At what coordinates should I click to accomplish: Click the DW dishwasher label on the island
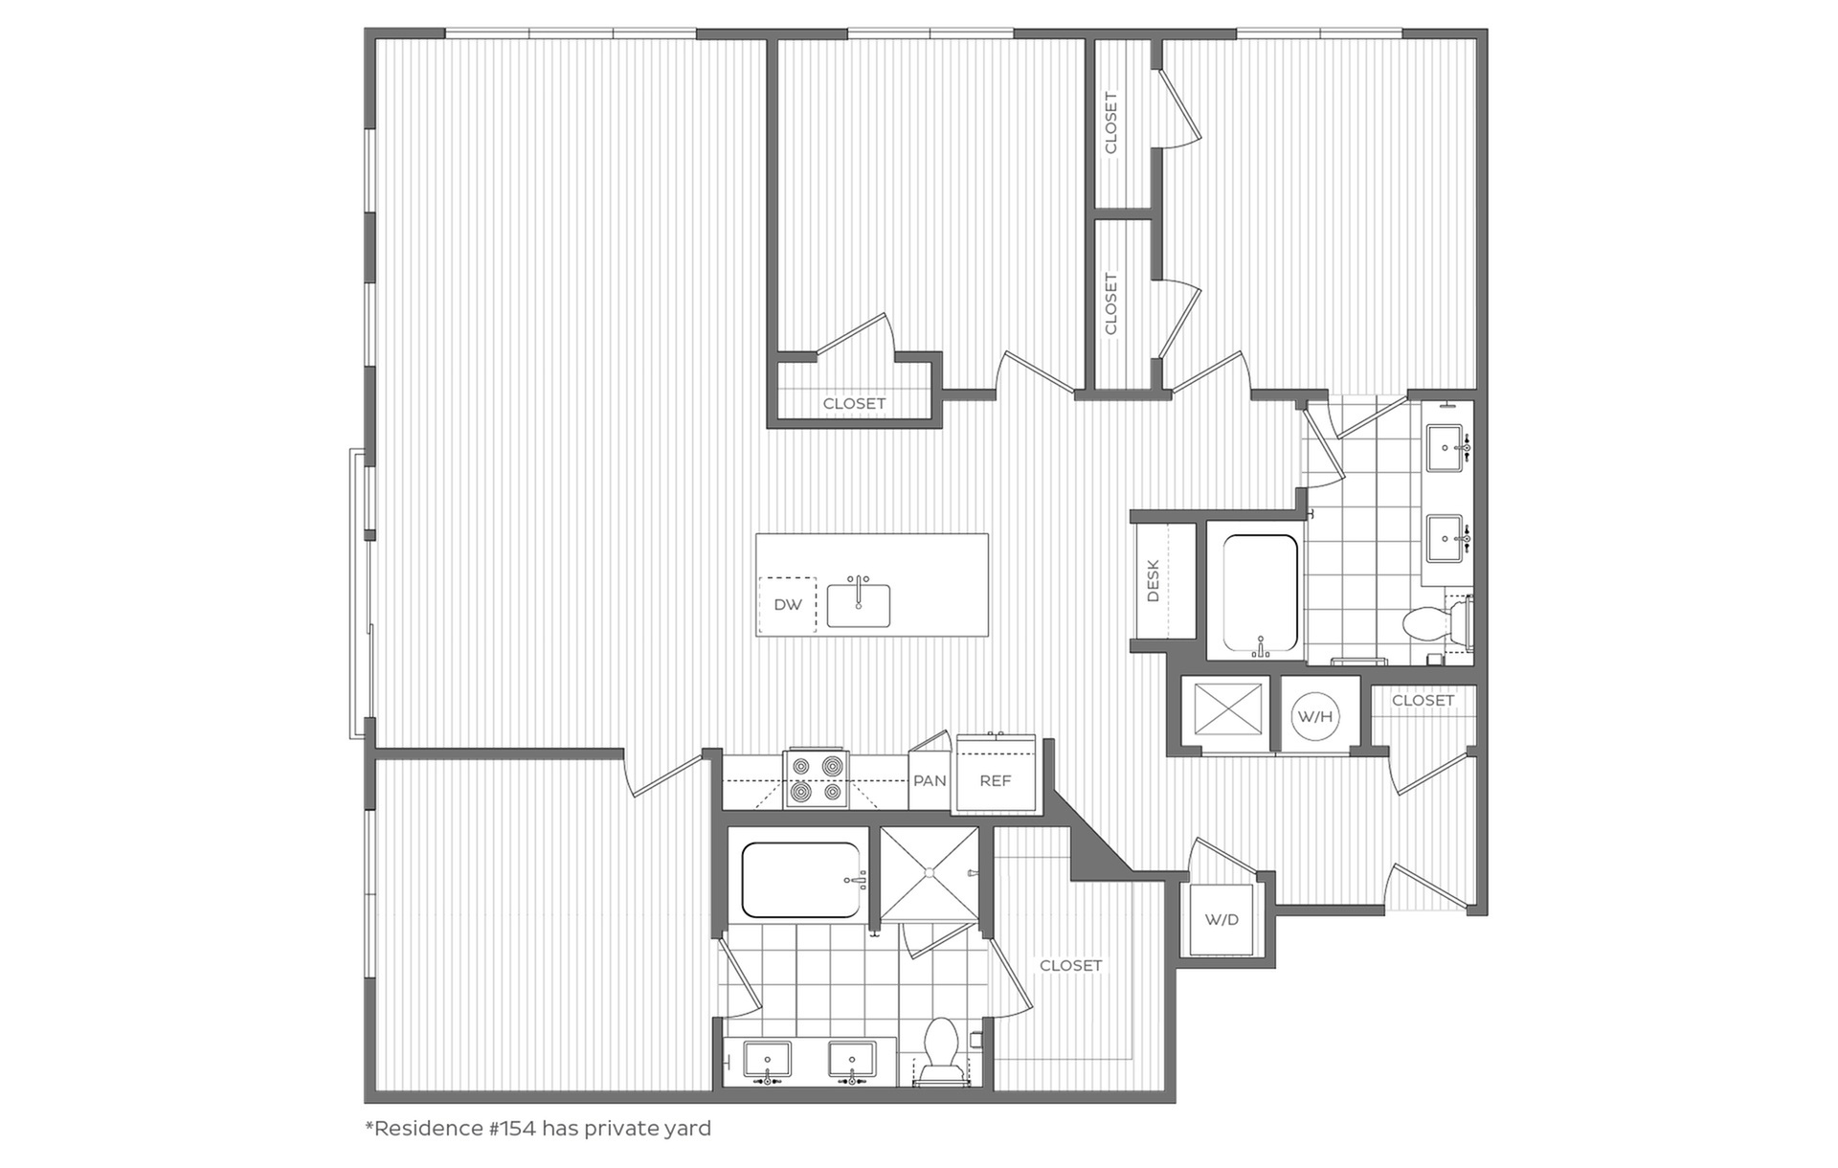[788, 605]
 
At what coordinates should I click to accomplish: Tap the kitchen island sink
[859, 605]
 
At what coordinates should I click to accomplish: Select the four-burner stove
[816, 778]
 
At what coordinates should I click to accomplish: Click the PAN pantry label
[930, 780]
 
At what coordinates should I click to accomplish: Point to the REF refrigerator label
[996, 780]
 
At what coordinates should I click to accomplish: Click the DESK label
[1153, 581]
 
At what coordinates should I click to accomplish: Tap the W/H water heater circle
[1315, 716]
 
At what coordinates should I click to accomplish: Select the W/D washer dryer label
[1222, 920]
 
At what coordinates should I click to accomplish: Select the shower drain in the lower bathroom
[929, 872]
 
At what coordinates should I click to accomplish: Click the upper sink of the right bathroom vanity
[1446, 448]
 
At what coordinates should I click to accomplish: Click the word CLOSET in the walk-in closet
[1070, 965]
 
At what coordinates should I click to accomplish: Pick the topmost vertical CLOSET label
[1110, 123]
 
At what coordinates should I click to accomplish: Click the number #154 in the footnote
[513, 1128]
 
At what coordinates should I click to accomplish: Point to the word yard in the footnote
[687, 1130]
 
